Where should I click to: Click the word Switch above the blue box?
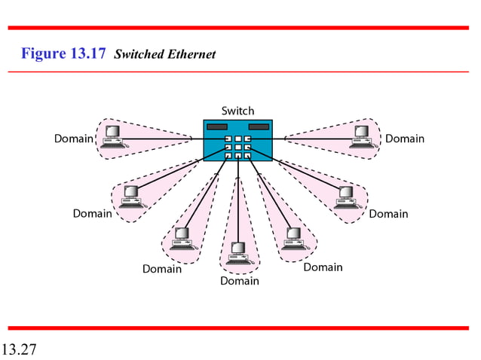click(x=237, y=111)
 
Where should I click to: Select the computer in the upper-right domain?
click(x=363, y=136)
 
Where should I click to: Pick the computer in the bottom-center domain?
click(x=238, y=252)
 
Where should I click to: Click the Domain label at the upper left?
click(x=73, y=139)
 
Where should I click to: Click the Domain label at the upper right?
click(x=405, y=139)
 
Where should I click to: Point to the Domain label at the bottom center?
click(x=239, y=281)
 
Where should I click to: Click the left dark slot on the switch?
click(x=218, y=127)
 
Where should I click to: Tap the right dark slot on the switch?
click(x=259, y=127)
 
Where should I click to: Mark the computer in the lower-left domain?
click(x=182, y=238)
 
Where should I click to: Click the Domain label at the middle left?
click(x=92, y=214)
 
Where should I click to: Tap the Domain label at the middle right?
click(x=388, y=214)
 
